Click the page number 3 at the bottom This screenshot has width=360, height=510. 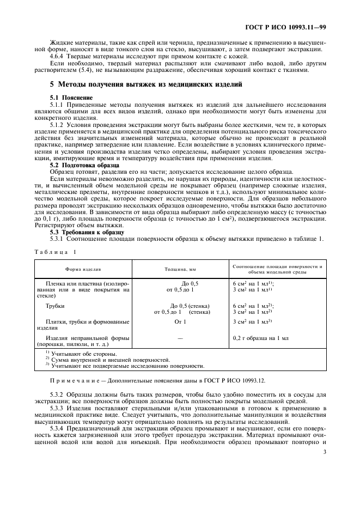click(x=324, y=452)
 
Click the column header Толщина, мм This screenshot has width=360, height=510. click(x=180, y=269)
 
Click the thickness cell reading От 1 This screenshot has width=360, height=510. click(x=180, y=321)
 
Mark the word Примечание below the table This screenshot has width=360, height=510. click(x=74, y=379)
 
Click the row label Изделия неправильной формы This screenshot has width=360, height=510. click(x=83, y=338)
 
